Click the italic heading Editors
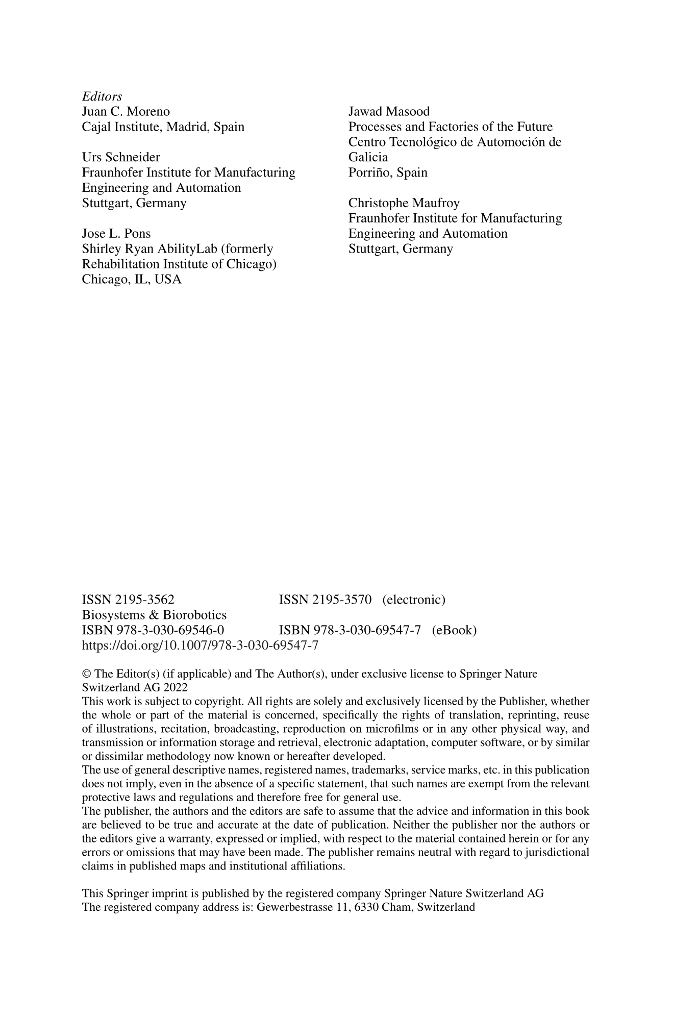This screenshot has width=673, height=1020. (x=102, y=96)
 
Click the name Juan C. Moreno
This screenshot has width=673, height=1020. (x=126, y=112)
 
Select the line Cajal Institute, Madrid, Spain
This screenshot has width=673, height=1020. (x=163, y=127)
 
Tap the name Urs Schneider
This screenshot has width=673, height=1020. (x=121, y=158)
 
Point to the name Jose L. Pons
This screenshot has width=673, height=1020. (x=116, y=234)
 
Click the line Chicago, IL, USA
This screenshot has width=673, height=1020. (x=132, y=280)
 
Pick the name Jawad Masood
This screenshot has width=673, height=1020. (x=389, y=112)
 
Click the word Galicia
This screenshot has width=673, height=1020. (x=368, y=158)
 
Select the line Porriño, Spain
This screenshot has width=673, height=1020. (x=388, y=173)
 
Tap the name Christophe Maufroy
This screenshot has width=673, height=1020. (x=404, y=204)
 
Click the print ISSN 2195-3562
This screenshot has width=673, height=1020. (x=128, y=600)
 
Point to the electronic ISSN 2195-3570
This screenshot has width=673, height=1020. (x=325, y=600)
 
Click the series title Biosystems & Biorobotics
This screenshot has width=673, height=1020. (x=154, y=615)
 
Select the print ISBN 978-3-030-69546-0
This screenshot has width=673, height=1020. (x=153, y=631)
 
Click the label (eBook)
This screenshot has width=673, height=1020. (x=454, y=631)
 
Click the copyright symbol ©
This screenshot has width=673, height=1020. (x=85, y=674)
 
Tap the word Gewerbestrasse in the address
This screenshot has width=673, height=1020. (x=290, y=907)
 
